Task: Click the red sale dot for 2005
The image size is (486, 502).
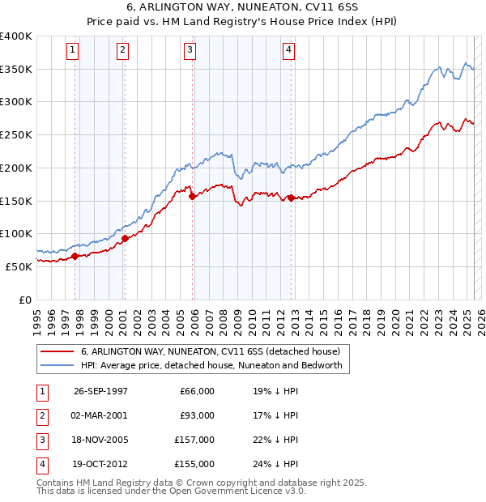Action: point(192,196)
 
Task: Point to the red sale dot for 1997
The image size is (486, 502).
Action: point(75,256)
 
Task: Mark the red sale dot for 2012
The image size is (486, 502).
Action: point(291,197)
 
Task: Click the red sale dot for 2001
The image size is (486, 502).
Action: point(125,238)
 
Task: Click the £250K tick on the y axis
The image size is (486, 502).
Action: point(17,135)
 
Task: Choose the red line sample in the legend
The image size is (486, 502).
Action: point(57,351)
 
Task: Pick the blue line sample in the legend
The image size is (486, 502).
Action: point(57,366)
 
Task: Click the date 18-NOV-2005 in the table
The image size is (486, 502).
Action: point(100,440)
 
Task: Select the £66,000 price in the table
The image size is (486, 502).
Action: point(197,391)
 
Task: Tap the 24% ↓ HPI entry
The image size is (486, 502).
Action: point(275,464)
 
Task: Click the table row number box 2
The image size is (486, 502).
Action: point(41,415)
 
